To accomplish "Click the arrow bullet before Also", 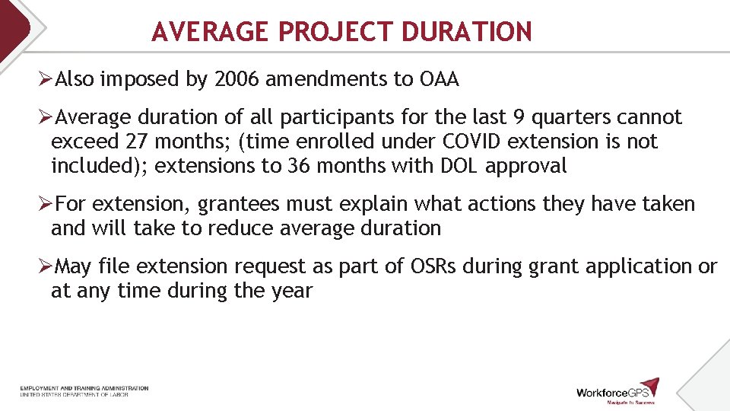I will coord(46,79).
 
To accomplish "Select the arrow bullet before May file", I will coord(46,266).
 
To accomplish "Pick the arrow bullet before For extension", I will coord(46,204).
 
